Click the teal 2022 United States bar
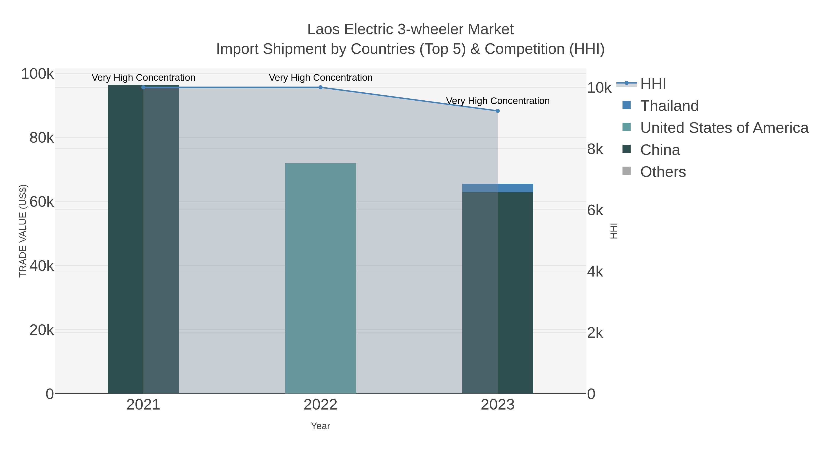(x=320, y=278)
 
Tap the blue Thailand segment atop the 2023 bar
(x=498, y=188)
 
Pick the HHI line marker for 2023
(x=498, y=111)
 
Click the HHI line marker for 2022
(x=321, y=87)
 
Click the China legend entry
(x=660, y=150)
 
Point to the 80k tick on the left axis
(x=42, y=138)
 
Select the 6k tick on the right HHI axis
(x=595, y=210)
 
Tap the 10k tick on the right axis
(x=599, y=88)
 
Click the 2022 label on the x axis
(x=320, y=405)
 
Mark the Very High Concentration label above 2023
(x=498, y=101)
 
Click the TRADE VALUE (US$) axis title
(x=23, y=231)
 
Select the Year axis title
(x=320, y=426)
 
